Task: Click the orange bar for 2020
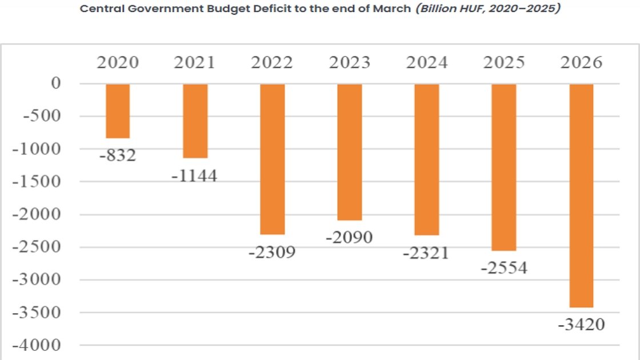tap(117, 111)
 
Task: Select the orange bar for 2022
tap(272, 159)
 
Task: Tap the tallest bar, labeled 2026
tap(581, 195)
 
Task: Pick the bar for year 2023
tap(349, 152)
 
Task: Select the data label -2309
tap(272, 251)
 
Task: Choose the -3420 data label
tap(581, 325)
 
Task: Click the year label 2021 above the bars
tap(194, 62)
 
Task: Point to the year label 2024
tap(426, 62)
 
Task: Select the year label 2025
tap(503, 62)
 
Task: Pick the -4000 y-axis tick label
tap(39, 345)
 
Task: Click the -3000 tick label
tap(39, 280)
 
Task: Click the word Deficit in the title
tap(242, 9)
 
